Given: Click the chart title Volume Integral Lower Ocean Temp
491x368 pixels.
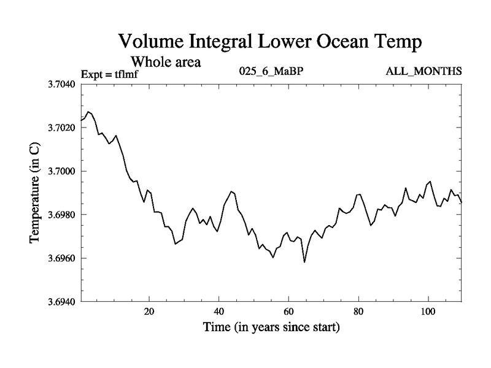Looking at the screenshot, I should click(x=270, y=43).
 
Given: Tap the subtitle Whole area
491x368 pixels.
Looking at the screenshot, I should click(x=166, y=62).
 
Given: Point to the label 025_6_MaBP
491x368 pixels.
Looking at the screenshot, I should click(x=272, y=72).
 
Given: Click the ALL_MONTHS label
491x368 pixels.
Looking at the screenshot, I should click(x=423, y=72).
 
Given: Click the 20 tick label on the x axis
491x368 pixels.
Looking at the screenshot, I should click(x=149, y=311).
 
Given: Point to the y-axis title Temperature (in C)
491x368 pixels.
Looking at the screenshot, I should click(x=35, y=193).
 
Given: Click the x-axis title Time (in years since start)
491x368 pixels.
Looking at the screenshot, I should click(x=271, y=328).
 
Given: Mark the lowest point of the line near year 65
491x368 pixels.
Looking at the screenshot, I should click(x=304, y=262).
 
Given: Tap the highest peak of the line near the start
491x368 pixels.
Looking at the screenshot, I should click(x=89, y=112).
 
